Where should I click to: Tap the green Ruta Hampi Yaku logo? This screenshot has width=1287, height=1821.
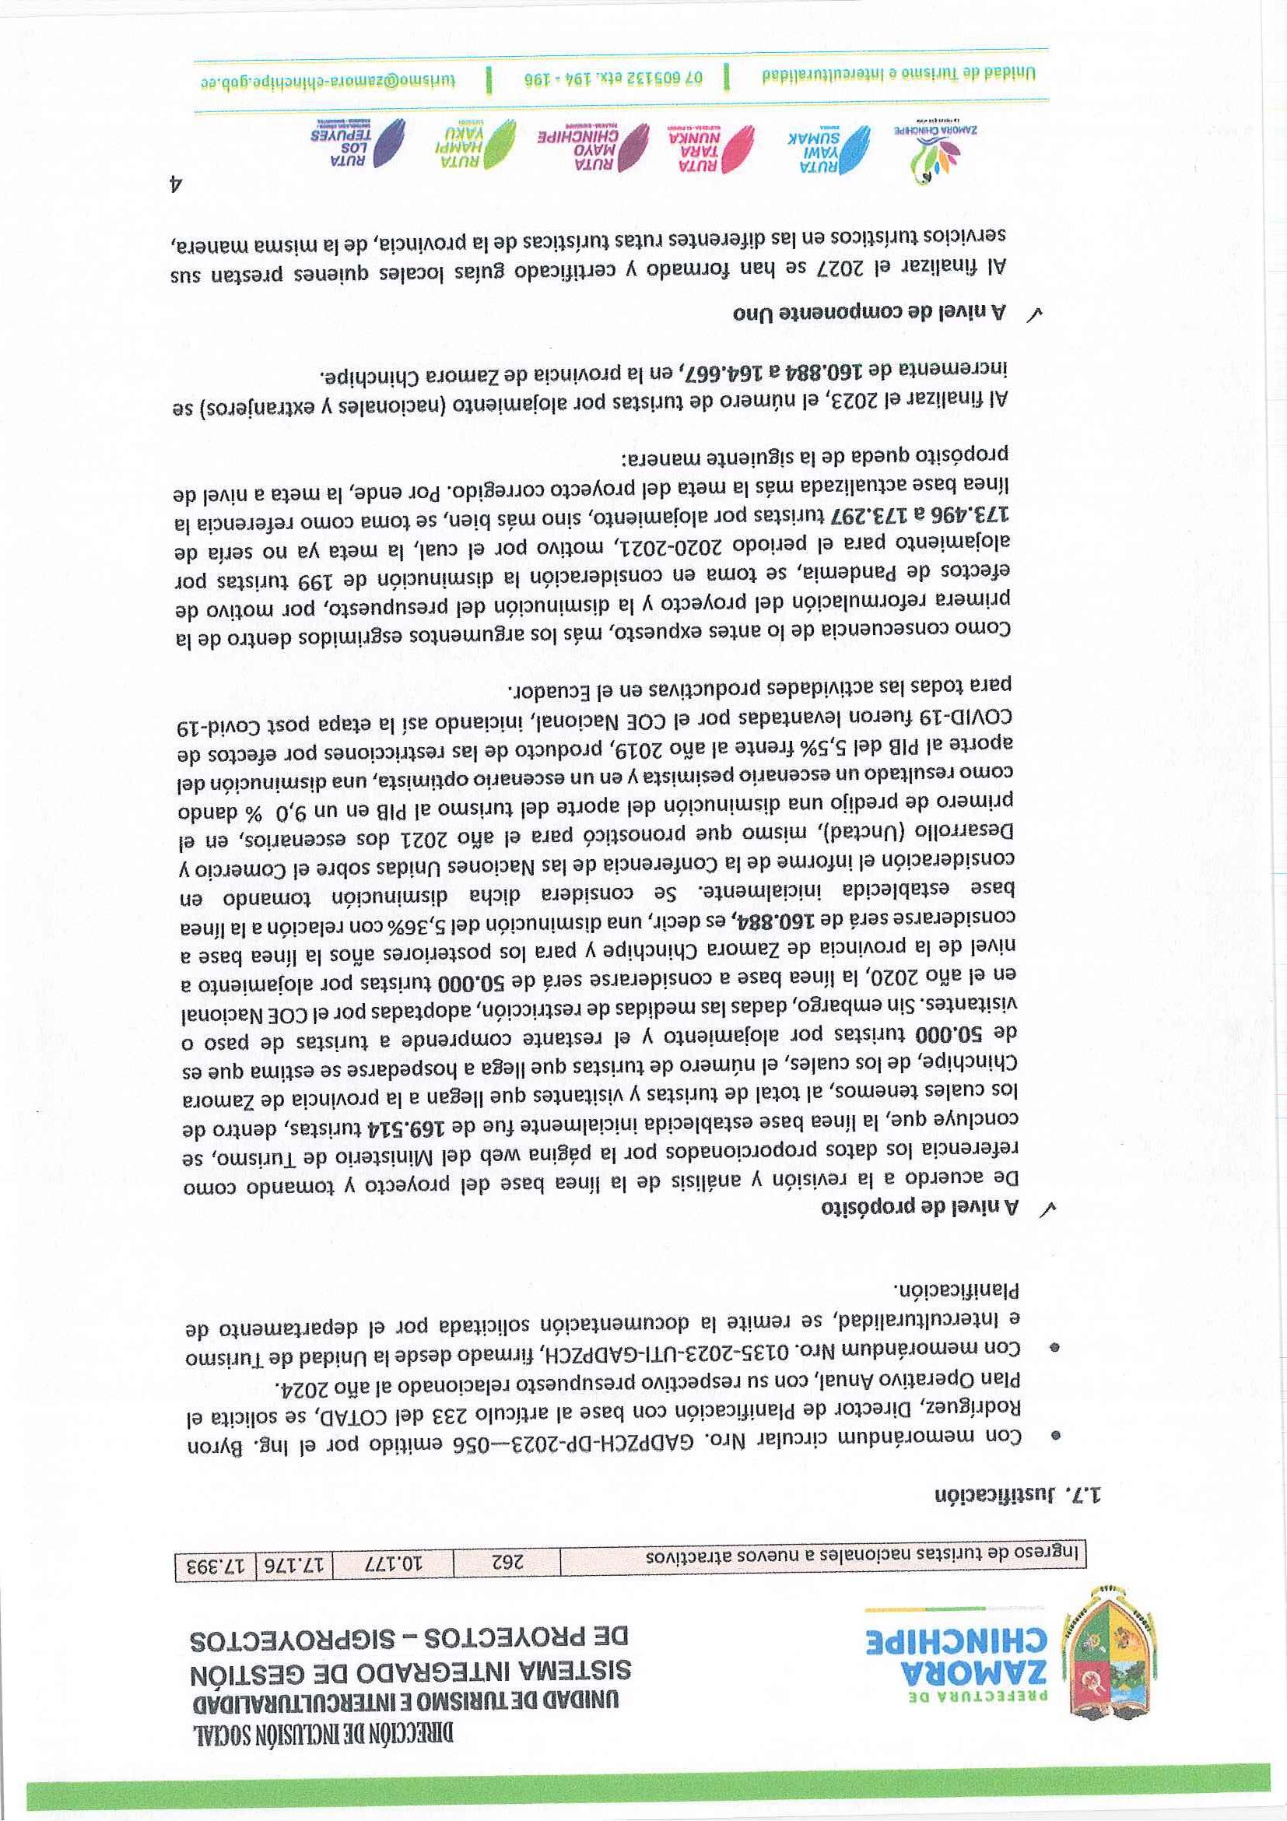coord(472,142)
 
